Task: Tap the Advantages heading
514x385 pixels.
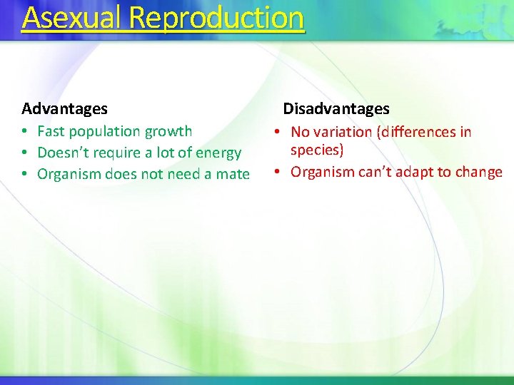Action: pyautogui.click(x=64, y=109)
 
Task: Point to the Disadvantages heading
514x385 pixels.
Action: pyautogui.click(x=336, y=109)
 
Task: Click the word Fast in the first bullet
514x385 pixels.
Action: pyautogui.click(x=51, y=131)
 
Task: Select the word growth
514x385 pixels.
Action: pyautogui.click(x=168, y=131)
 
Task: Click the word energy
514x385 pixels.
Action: pyautogui.click(x=218, y=153)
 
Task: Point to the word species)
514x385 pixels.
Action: pyautogui.click(x=317, y=150)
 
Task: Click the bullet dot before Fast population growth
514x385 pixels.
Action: pyautogui.click(x=24, y=132)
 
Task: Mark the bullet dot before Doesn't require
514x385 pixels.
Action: pyautogui.click(x=24, y=153)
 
